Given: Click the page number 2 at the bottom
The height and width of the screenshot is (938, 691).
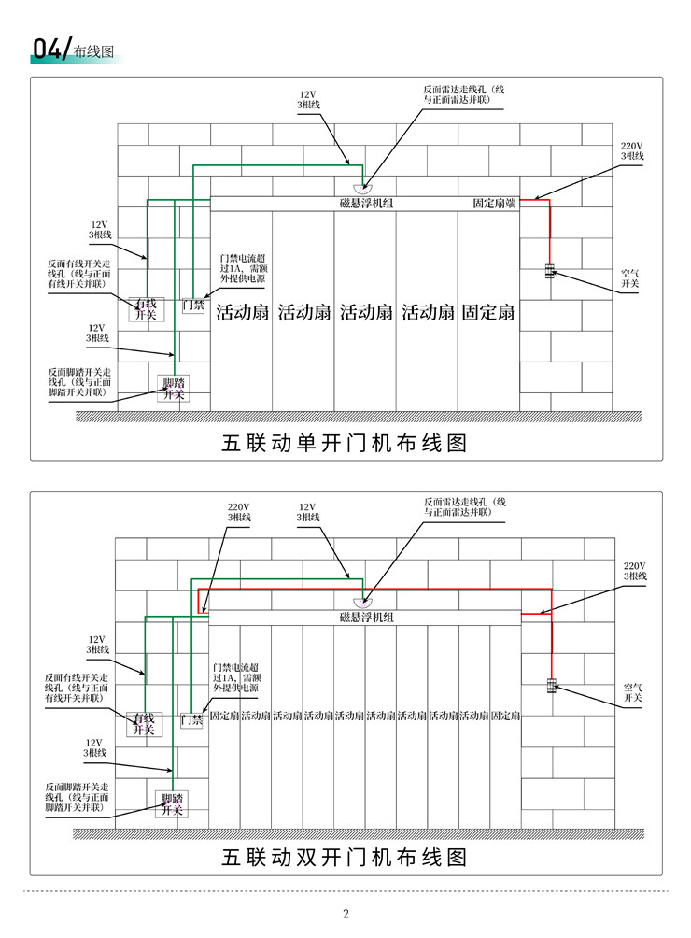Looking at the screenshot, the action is point(345,913).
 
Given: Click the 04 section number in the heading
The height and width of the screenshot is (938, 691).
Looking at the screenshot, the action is point(46,50).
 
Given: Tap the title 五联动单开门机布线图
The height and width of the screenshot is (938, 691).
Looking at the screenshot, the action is point(345,443).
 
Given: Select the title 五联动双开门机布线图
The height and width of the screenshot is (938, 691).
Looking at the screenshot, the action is point(345,858).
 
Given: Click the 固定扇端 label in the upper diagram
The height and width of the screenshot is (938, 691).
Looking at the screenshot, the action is point(494,204).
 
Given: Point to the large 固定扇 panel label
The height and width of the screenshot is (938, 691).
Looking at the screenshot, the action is point(487,312).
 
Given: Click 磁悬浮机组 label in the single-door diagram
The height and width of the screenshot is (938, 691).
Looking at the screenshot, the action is point(366,204).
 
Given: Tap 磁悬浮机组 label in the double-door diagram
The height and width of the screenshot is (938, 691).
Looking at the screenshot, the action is point(366,618).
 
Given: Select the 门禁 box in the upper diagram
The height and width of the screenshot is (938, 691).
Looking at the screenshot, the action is point(193,306).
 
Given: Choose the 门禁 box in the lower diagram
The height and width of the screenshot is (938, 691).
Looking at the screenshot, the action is point(191,720).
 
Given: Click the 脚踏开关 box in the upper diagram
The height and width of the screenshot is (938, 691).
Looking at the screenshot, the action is point(174,389).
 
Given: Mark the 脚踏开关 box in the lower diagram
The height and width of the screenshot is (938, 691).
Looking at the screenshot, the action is point(172,804).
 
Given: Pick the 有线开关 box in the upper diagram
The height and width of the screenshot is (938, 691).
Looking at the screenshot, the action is point(146,308).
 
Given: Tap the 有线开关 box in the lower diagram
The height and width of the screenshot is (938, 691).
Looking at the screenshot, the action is point(144,724).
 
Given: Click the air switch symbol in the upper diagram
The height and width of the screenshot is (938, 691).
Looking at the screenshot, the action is point(550,271).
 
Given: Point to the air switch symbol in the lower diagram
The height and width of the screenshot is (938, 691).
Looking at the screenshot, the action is point(552,686).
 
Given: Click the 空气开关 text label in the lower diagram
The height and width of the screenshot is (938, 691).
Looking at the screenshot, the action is point(632,692).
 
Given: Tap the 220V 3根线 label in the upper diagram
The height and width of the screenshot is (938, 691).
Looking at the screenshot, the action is point(632,150).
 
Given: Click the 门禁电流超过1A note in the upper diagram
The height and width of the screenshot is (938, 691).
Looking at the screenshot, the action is point(244,268).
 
